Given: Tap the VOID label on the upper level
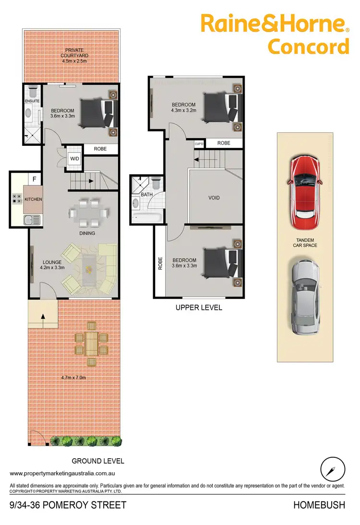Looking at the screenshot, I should point(214,197).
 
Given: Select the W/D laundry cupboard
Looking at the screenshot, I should point(75,158).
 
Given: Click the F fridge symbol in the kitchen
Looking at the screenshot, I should point(34,179).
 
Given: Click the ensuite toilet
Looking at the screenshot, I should point(33,91).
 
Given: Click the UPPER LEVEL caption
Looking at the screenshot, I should point(199,307).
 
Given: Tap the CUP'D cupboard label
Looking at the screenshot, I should point(199,143).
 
